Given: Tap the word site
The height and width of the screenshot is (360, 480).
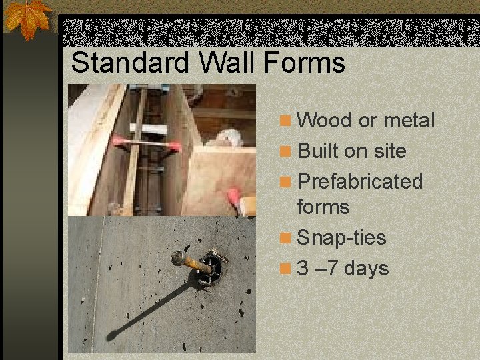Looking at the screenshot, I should [390, 151].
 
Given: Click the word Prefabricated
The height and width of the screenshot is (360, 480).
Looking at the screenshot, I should [360, 181].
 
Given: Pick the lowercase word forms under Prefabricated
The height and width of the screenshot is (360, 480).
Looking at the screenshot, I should [323, 207].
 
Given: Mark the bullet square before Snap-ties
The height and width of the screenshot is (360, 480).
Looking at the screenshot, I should [285, 238].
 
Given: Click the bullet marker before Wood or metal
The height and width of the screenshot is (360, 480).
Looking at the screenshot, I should [285, 121].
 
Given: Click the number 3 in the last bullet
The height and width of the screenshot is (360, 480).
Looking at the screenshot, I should [304, 269].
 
